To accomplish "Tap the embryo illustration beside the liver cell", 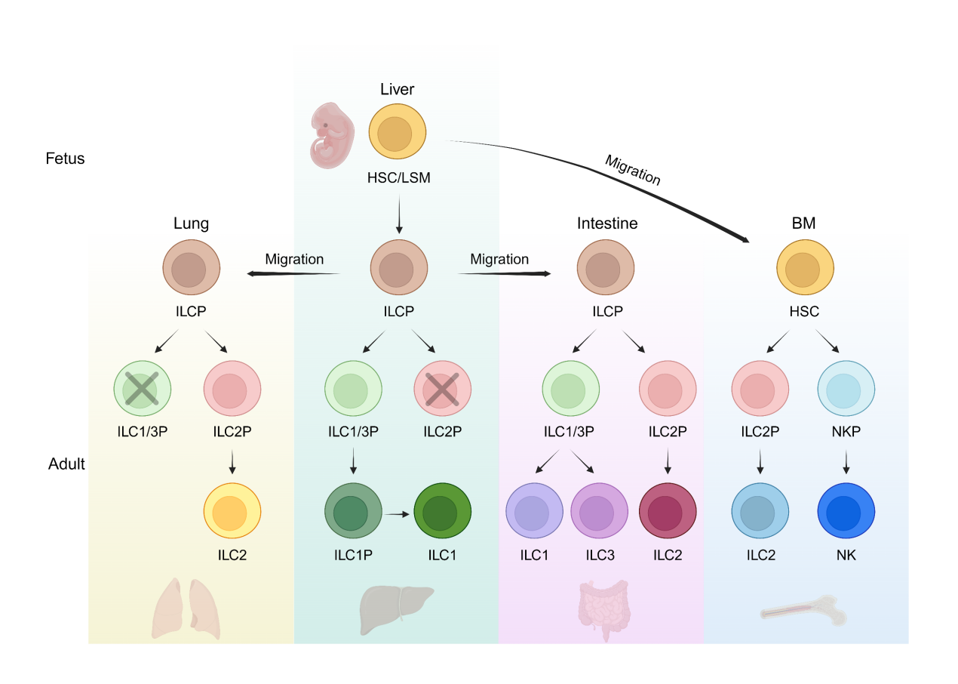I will (333, 136).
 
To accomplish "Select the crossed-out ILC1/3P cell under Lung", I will (143, 390).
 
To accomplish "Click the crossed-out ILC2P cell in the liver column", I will (442, 390).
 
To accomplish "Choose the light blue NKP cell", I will (846, 390).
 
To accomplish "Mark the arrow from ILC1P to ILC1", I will (397, 513).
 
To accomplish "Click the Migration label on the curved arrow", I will (633, 171).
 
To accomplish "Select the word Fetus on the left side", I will (64, 159).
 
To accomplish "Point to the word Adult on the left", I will (66, 464).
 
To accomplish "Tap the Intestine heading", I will (607, 223).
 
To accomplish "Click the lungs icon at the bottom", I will (186, 609).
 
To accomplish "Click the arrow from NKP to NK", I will (846, 461).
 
